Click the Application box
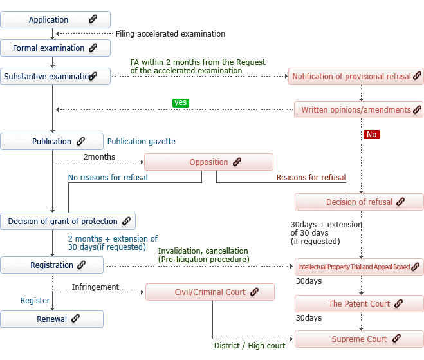55,20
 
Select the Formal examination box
55,48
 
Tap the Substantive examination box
55,77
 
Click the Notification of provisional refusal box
356,77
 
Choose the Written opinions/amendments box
358,110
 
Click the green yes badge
181,102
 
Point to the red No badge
371,135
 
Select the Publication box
52,142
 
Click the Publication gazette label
141,142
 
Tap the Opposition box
209,162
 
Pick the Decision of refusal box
359,202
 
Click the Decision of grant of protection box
68,222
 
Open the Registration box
52,265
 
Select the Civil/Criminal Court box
210,292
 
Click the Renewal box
52,319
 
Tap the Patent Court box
359,304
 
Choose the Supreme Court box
359,339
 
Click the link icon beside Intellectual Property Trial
415,267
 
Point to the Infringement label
95,287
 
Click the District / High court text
250,346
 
